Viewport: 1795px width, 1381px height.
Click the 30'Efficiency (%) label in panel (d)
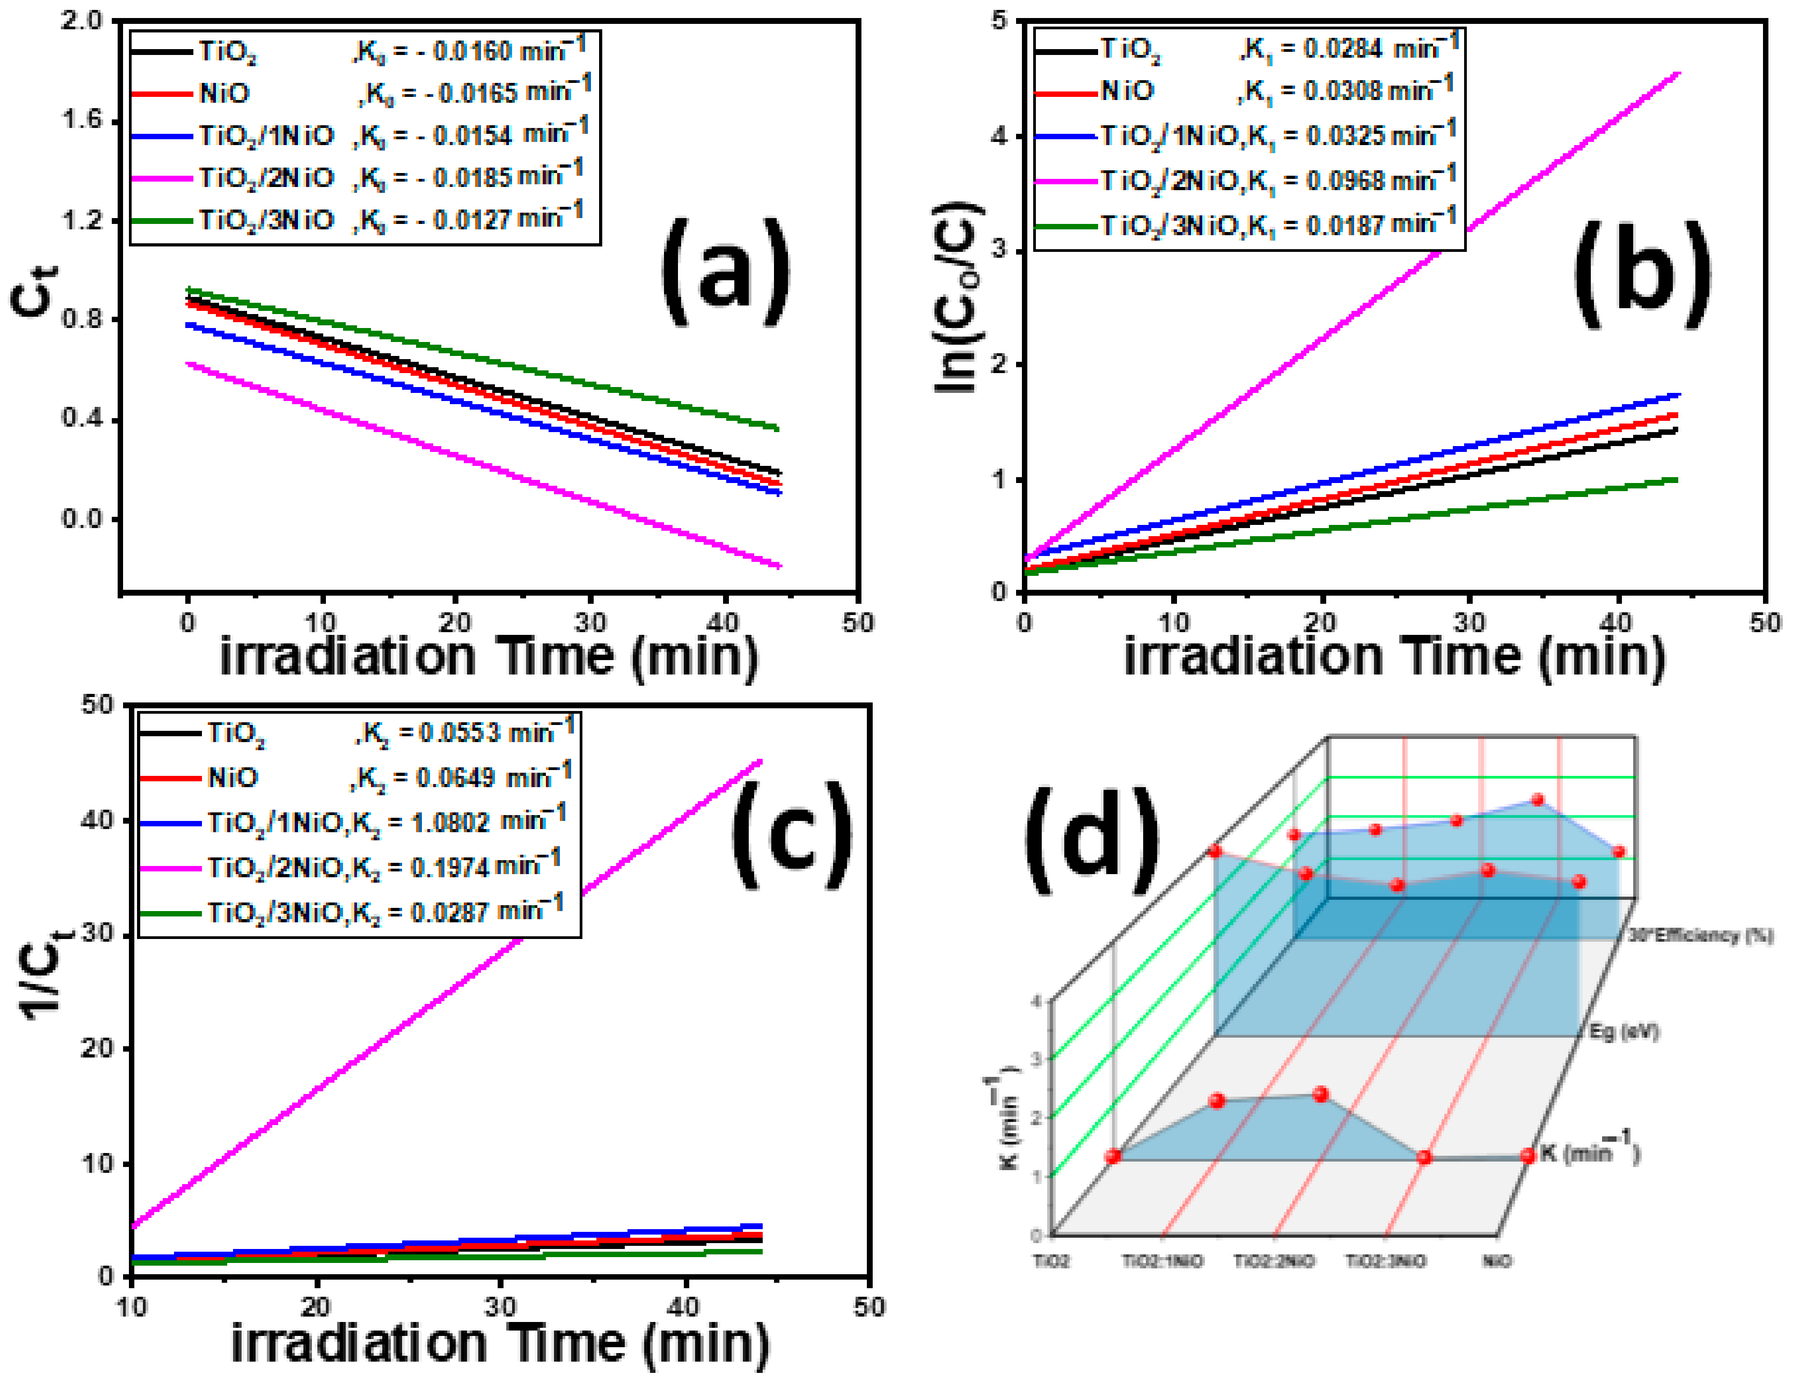1700,936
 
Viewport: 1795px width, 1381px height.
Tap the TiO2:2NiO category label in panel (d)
1273,1261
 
